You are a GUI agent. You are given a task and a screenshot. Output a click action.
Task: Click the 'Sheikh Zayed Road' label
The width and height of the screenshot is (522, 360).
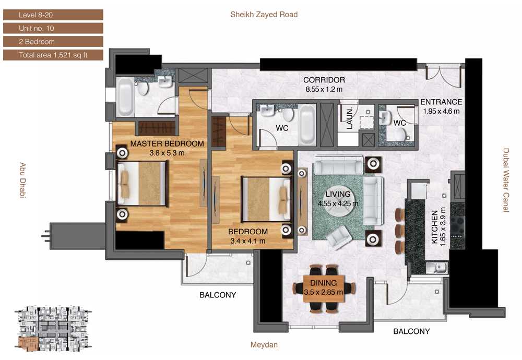tap(264, 14)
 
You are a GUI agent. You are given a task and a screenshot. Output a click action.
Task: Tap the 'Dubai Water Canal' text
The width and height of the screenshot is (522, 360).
tap(506, 180)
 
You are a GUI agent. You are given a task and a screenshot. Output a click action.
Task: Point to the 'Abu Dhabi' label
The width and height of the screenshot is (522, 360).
tap(22, 180)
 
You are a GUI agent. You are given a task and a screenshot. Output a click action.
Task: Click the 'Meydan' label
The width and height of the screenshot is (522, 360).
tap(264, 345)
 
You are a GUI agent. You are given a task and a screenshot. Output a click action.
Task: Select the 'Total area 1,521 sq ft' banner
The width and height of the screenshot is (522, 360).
tap(53, 55)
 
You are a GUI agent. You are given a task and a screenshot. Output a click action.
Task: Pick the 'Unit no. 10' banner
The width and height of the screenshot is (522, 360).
tap(53, 28)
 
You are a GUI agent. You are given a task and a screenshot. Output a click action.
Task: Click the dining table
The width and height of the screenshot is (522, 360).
tap(323, 289)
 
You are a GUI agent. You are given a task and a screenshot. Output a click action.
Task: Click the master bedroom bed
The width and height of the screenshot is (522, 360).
tap(141, 183)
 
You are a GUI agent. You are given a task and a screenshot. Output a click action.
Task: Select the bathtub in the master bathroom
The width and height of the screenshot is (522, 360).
tap(125, 97)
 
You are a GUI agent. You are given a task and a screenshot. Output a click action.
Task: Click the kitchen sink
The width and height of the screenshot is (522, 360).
tap(437, 267)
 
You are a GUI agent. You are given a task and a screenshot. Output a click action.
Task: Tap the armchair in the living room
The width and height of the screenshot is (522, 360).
tap(339, 237)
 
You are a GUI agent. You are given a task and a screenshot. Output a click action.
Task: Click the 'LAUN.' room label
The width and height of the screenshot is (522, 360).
tap(349, 118)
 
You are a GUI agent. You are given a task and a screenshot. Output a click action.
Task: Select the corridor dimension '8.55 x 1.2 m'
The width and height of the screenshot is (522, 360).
tap(324, 89)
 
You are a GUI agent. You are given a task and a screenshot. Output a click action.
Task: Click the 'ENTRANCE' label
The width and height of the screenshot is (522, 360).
tap(441, 102)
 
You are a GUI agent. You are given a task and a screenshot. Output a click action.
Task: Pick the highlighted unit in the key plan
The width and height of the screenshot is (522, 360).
tap(28, 344)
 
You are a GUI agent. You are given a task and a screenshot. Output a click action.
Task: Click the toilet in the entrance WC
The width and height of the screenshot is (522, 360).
tap(400, 135)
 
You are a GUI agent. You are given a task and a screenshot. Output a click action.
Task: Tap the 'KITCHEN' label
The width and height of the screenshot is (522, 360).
tap(434, 227)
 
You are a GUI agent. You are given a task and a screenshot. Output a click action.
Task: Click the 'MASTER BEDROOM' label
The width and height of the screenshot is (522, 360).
tap(167, 143)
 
